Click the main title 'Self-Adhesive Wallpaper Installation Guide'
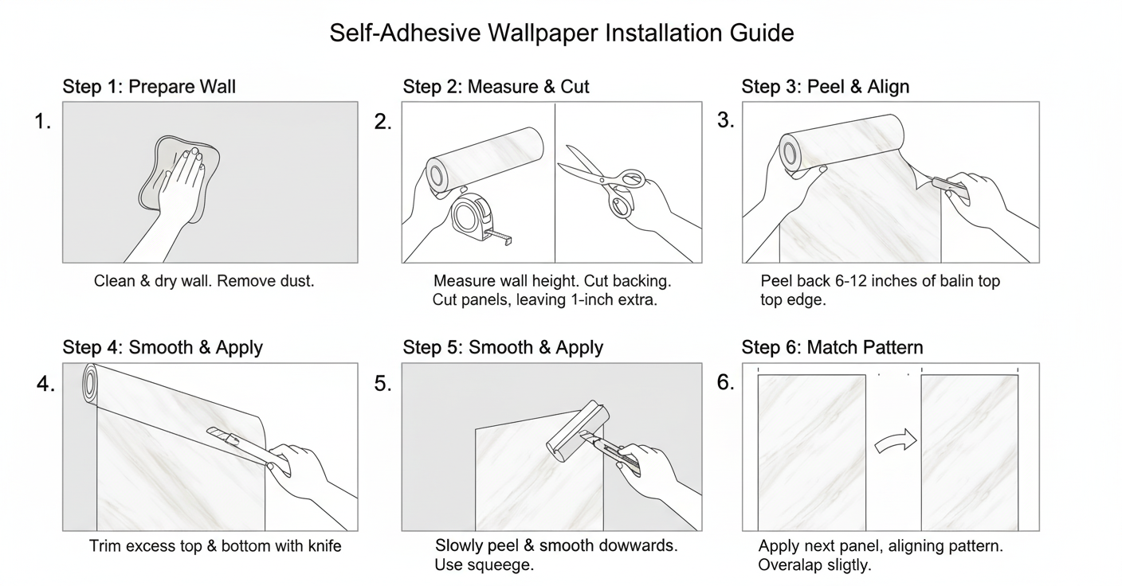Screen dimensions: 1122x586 (x=562, y=33)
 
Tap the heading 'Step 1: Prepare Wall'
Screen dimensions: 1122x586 (x=149, y=87)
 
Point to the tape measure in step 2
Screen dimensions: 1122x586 (x=478, y=218)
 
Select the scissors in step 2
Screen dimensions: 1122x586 (x=607, y=181)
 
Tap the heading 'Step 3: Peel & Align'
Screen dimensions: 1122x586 (x=825, y=87)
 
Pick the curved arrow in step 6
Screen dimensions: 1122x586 (x=896, y=441)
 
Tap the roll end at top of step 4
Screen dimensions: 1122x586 (x=90, y=383)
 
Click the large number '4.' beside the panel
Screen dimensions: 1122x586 (x=45, y=384)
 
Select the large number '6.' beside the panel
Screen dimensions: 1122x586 (x=726, y=382)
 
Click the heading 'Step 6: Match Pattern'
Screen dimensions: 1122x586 (x=832, y=347)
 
